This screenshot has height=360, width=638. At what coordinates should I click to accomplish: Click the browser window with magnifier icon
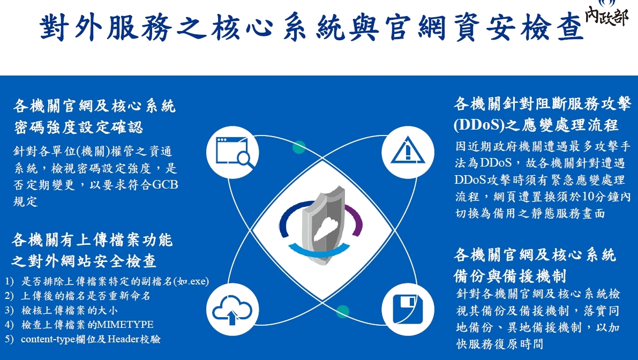pos(232,152)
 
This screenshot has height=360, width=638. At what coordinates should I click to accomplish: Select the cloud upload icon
pos(232,310)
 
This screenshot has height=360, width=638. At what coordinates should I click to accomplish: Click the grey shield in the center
pos(324,225)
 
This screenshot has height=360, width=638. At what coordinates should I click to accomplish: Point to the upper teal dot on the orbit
pos(299,147)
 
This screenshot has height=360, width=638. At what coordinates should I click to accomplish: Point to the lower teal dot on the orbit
pos(343,312)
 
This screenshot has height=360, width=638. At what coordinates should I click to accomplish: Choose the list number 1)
pos(9,281)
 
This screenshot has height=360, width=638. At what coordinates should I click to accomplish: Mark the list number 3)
pos(9,310)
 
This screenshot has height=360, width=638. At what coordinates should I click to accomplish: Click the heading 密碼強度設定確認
pos(78,127)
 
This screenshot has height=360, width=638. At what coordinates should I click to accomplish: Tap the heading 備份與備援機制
pos(510,276)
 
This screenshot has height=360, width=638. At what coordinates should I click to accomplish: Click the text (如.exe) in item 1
pos(191,281)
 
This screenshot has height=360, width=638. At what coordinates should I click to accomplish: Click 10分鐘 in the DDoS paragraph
pos(601,197)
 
